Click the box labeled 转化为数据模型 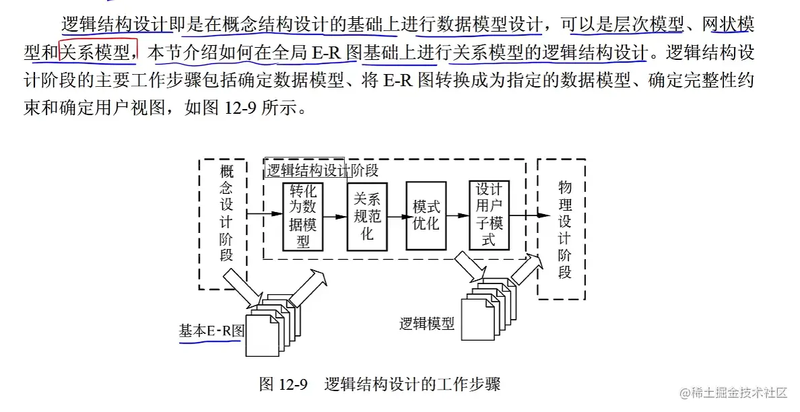(x=303, y=216)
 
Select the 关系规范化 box (x=368, y=216)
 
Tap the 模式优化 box (x=426, y=215)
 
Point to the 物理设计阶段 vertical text (x=564, y=229)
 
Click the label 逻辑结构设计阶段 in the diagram (x=322, y=170)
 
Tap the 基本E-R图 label (x=211, y=331)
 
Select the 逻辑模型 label (x=426, y=324)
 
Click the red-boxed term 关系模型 (x=98, y=51)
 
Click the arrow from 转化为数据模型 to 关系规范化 (x=335, y=215)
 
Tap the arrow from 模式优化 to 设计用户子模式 (x=457, y=215)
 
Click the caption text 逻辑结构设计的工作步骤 (x=412, y=385)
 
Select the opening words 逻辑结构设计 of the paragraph (x=115, y=26)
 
